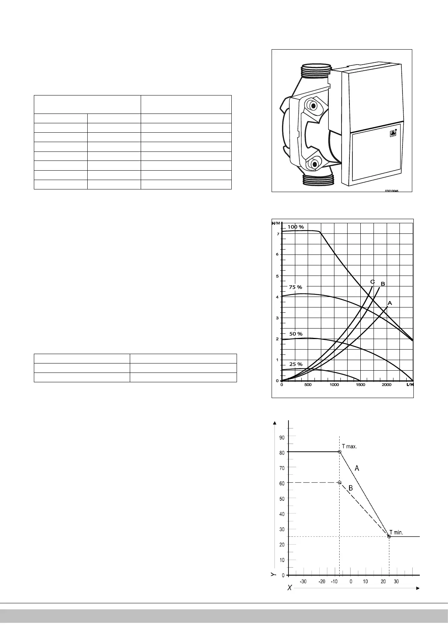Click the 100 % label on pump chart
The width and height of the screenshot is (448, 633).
click(296, 227)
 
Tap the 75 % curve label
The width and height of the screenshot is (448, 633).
click(295, 287)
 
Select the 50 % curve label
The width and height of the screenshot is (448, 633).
click(296, 334)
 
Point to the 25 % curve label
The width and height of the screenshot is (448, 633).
click(296, 364)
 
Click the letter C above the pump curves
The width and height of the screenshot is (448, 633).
click(372, 282)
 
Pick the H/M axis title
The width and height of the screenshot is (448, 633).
click(276, 223)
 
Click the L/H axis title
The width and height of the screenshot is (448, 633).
click(410, 385)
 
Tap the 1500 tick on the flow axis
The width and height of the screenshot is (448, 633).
click(360, 385)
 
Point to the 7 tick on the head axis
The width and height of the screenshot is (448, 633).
click(278, 234)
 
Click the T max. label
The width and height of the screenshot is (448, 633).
click(349, 447)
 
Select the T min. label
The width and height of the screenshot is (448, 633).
click(396, 532)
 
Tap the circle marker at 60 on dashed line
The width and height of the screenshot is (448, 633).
click(339, 482)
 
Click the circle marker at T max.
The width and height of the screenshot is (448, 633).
click(339, 451)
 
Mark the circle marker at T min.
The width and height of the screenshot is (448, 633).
click(389, 536)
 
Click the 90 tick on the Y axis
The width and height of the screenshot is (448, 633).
click(282, 437)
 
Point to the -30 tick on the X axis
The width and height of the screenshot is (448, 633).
click(303, 582)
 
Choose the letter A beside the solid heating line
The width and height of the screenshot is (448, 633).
click(357, 468)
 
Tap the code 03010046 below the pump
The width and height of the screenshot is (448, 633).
click(391, 191)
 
